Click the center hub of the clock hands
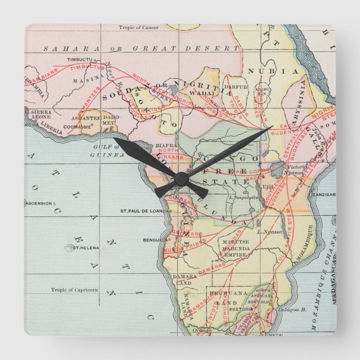point(180,178)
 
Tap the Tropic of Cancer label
point(139,27)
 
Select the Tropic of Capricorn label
point(74,290)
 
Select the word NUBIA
point(281,72)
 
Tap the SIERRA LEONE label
point(41,115)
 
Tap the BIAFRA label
point(150,145)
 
